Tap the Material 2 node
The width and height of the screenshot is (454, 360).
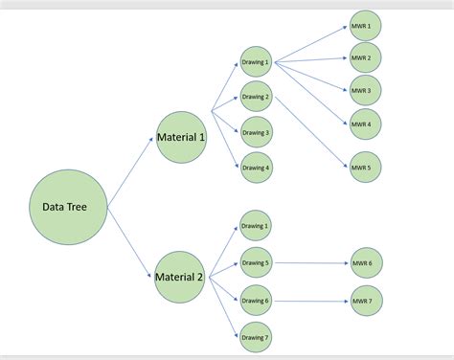click(x=179, y=277)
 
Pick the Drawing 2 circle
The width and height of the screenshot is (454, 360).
click(x=256, y=97)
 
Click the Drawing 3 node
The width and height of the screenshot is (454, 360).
click(x=256, y=132)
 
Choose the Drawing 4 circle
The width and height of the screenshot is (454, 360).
click(x=256, y=168)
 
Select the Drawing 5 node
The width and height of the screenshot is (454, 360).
click(x=256, y=262)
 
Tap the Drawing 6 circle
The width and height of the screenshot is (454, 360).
click(x=256, y=300)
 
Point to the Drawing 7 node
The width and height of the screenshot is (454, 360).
click(x=256, y=337)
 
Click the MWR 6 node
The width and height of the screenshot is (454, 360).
click(x=365, y=262)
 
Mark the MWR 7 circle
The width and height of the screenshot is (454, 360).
click(x=365, y=300)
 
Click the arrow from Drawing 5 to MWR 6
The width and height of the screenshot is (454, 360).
click(x=310, y=262)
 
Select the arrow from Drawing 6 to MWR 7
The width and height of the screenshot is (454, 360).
click(x=310, y=300)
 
